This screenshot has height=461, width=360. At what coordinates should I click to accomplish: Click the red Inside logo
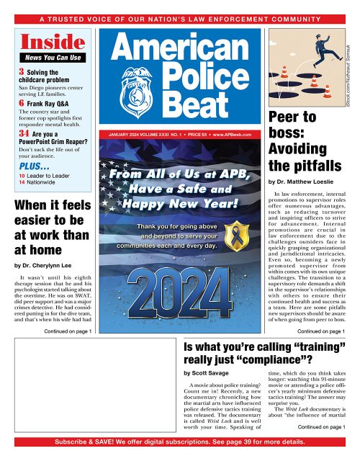point(45,41)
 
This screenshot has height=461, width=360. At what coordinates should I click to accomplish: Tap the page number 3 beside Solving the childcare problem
point(22,72)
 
